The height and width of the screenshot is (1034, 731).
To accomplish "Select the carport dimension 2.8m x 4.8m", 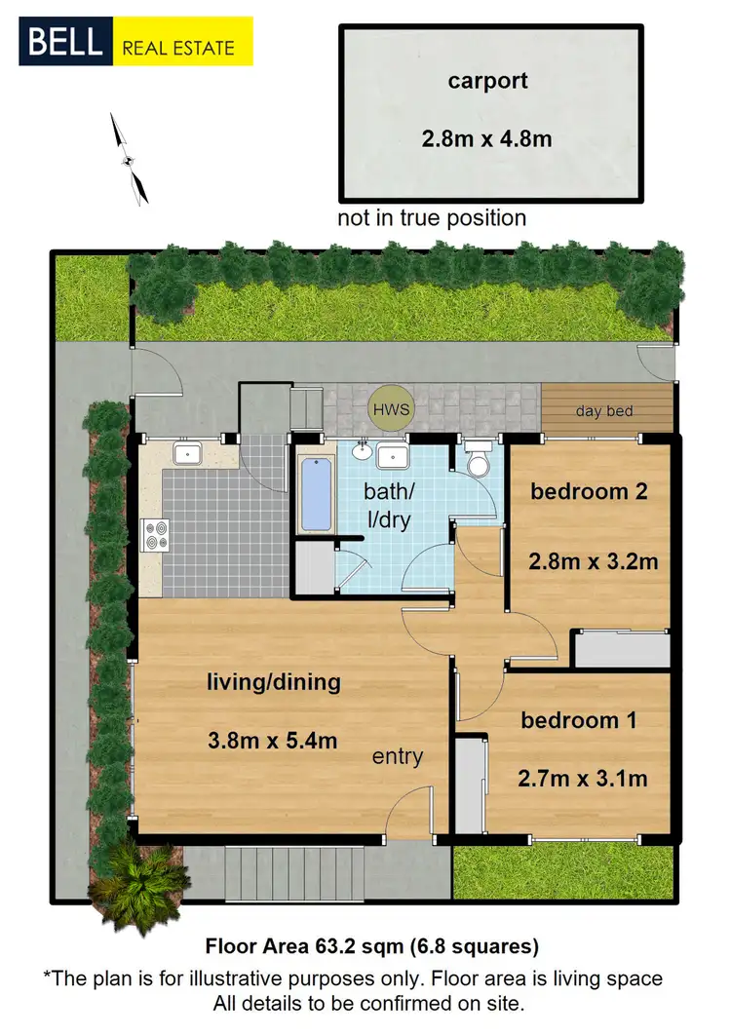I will tap(486, 139).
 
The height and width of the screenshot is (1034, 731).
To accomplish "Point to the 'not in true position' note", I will tap(432, 217).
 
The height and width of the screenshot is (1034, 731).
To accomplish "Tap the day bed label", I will tap(604, 411).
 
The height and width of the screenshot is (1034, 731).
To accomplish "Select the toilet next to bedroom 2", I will tap(478, 460).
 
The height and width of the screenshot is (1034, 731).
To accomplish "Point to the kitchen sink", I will tap(186, 454).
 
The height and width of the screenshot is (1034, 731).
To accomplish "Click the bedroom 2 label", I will tap(589, 491).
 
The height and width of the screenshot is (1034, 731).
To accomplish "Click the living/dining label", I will tap(274, 681).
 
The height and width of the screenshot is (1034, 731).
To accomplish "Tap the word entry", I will tap(397, 756).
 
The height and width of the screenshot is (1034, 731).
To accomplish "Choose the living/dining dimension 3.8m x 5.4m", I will tap(272, 741).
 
